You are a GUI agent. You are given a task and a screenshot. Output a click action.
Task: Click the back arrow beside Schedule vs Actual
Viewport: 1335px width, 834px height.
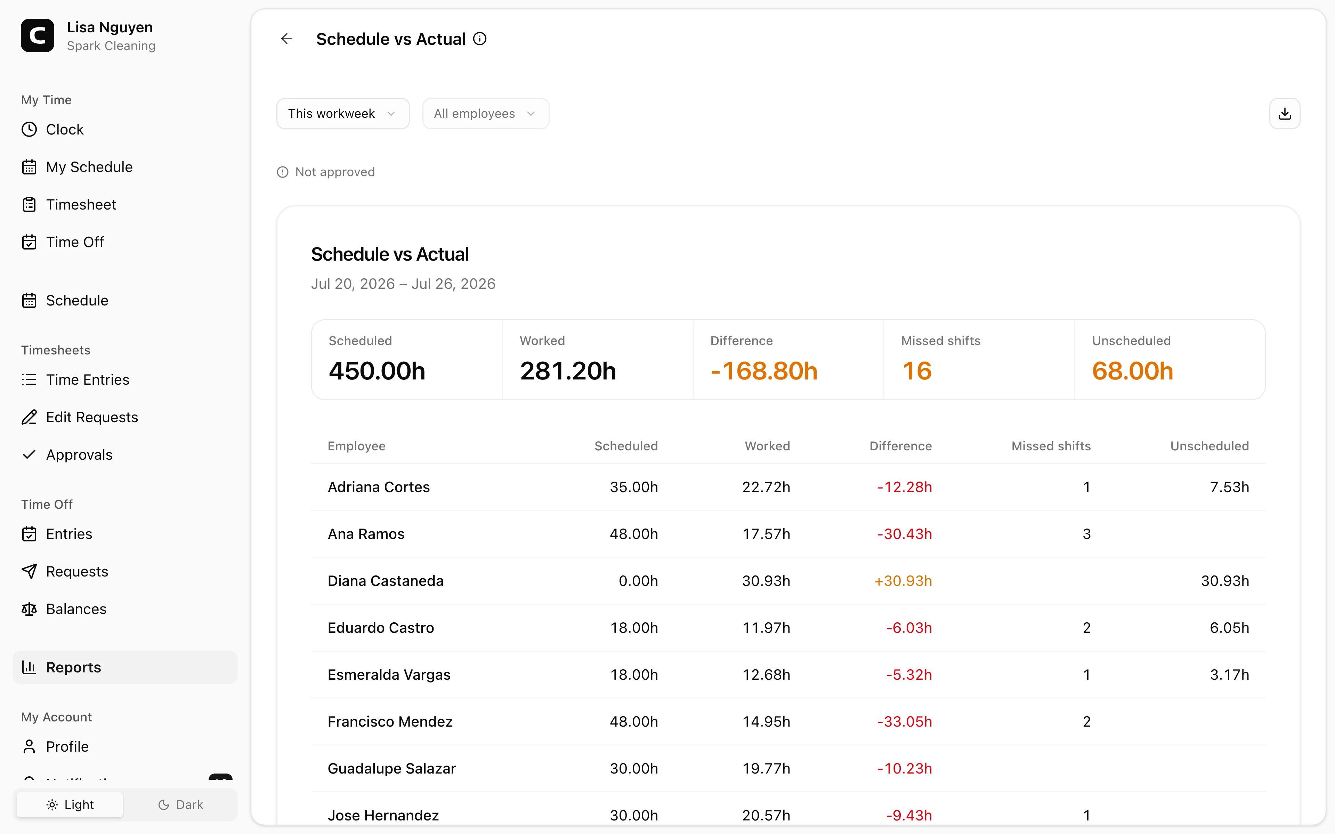click(x=286, y=39)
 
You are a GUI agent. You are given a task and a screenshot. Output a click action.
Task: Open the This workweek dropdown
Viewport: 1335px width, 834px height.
click(x=342, y=114)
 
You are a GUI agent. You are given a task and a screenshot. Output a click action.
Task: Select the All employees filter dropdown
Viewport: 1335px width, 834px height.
click(x=485, y=114)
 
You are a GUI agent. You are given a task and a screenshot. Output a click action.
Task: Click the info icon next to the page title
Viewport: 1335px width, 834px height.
click(x=480, y=39)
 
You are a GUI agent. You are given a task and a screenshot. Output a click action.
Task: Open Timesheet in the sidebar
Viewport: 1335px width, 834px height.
click(x=81, y=205)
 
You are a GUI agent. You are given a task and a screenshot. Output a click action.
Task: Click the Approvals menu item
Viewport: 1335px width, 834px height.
click(x=79, y=455)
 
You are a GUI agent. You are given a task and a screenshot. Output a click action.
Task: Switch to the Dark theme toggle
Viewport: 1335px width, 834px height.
click(x=180, y=805)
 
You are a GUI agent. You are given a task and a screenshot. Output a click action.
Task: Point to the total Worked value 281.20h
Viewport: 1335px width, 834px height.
click(x=568, y=371)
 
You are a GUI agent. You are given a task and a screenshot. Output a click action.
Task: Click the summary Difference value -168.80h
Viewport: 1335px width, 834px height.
click(x=763, y=371)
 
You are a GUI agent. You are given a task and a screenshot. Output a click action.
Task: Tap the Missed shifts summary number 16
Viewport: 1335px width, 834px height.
click(x=917, y=371)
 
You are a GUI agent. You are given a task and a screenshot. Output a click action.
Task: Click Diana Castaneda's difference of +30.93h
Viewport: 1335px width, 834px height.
click(x=903, y=581)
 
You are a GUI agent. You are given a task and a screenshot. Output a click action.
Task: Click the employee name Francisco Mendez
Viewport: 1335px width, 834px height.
click(x=390, y=721)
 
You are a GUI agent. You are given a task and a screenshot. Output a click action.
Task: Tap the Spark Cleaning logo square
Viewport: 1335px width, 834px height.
click(x=38, y=36)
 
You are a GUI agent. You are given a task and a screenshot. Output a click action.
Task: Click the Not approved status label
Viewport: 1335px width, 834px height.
click(x=335, y=172)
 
